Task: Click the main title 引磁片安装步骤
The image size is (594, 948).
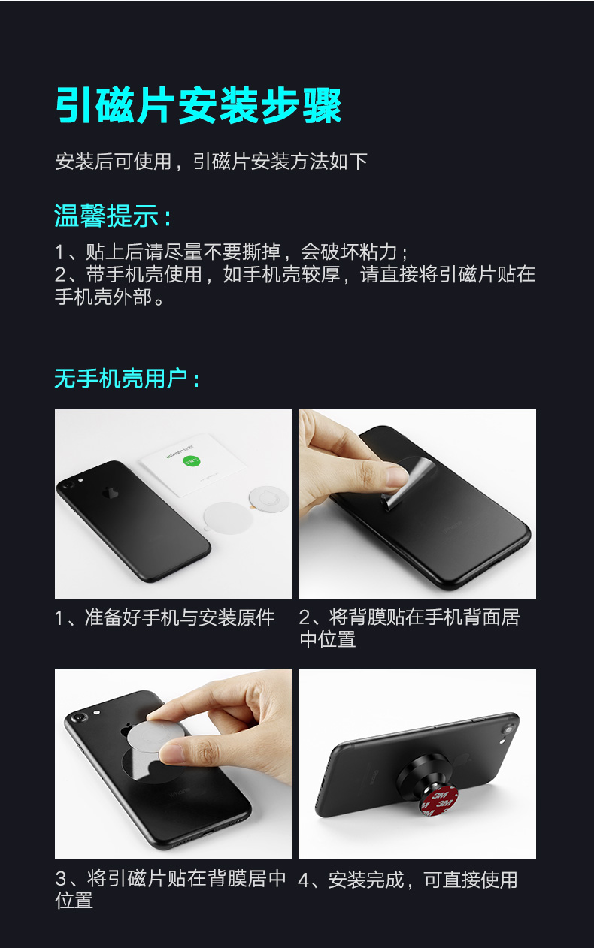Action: pos(199,105)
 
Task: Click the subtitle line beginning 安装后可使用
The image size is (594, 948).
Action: pos(211,161)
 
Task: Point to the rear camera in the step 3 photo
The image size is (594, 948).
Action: pos(79,720)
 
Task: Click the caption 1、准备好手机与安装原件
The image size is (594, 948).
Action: pos(165,618)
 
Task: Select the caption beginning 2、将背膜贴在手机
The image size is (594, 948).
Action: pos(409,628)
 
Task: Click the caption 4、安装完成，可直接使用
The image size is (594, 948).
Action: pos(408,880)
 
